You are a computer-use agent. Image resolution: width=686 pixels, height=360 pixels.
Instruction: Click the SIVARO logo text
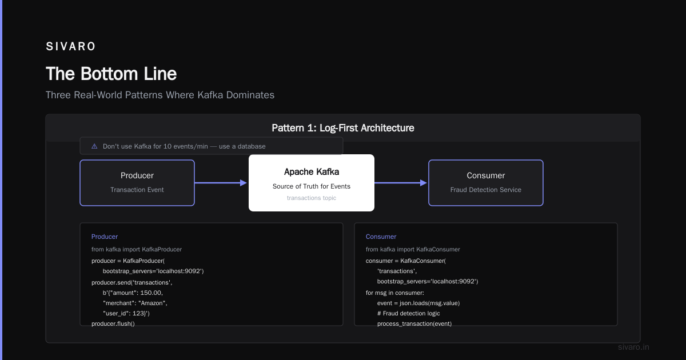coord(70,46)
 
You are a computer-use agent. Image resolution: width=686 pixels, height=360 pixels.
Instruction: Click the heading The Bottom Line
coord(111,74)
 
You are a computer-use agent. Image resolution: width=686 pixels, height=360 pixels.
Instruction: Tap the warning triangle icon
coord(94,146)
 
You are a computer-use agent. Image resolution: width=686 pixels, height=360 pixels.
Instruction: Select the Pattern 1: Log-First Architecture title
coord(342,128)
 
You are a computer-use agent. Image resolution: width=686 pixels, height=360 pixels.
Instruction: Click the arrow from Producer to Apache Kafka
coord(221,183)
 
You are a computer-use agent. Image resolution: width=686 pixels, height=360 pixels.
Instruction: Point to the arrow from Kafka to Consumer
coord(401,183)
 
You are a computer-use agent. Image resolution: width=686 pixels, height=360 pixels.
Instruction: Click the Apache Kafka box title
coord(312,172)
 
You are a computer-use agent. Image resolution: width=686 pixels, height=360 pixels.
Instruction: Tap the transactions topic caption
coord(312,198)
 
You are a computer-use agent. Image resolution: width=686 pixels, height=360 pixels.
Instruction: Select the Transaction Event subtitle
coord(137,190)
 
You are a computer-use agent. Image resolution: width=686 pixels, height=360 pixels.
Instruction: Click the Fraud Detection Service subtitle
coord(486,190)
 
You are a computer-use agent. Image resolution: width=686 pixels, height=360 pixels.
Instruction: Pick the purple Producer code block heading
coord(105,237)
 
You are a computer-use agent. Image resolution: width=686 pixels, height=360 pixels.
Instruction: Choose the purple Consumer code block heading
coord(381,237)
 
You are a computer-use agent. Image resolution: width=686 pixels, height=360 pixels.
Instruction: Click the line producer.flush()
coord(113,323)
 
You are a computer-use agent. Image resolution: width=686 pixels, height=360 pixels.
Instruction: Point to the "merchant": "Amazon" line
coord(135,303)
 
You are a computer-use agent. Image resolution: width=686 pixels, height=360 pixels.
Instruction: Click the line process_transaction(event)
coord(414,323)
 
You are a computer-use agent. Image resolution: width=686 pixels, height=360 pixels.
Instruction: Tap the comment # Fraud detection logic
coord(409,313)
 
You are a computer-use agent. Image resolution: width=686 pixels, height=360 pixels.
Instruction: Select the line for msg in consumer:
coord(395,293)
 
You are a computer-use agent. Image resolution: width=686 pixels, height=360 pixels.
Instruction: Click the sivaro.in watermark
coord(633,347)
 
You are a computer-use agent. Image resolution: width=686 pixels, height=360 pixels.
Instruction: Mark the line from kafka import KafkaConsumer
coord(413,249)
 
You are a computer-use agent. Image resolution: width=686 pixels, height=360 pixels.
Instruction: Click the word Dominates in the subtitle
coord(250,95)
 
